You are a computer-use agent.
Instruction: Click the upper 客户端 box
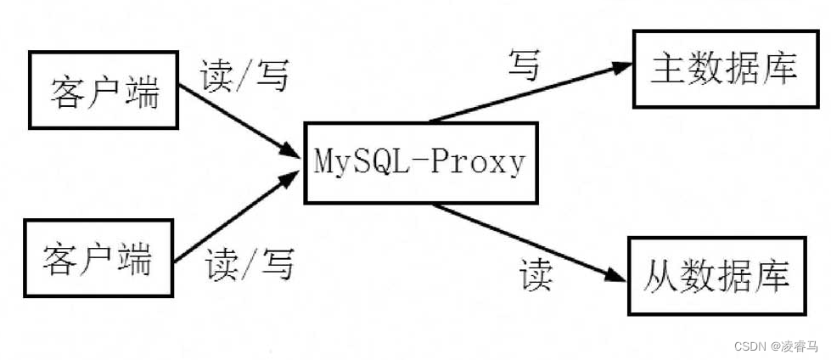(104, 91)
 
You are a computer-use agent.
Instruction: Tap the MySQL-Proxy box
(420, 162)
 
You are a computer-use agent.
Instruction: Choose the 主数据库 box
(724, 69)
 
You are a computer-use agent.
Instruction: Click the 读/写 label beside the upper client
(244, 77)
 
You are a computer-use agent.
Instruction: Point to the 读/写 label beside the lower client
(248, 265)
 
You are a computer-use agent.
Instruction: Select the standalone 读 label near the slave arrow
(536, 275)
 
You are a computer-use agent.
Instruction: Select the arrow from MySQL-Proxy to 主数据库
(526, 94)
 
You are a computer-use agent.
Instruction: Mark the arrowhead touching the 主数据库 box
(618, 69)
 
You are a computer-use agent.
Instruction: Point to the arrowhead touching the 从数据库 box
(613, 273)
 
